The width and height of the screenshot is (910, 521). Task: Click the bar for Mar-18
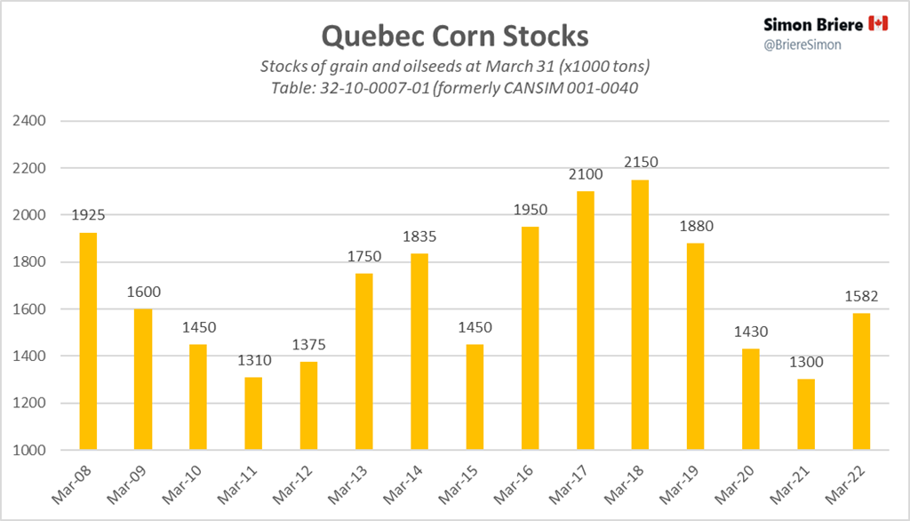point(640,315)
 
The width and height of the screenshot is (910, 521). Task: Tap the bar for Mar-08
point(87,341)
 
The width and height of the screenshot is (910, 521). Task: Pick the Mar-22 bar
point(860,381)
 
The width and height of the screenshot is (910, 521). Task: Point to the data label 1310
point(253,361)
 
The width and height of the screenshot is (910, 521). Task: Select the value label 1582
point(860,297)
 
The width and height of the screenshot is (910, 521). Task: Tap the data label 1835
point(419,237)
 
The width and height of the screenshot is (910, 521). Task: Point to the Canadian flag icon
point(878,23)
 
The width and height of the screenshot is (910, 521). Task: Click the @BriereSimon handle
point(803,44)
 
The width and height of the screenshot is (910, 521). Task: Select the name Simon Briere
point(812,24)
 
